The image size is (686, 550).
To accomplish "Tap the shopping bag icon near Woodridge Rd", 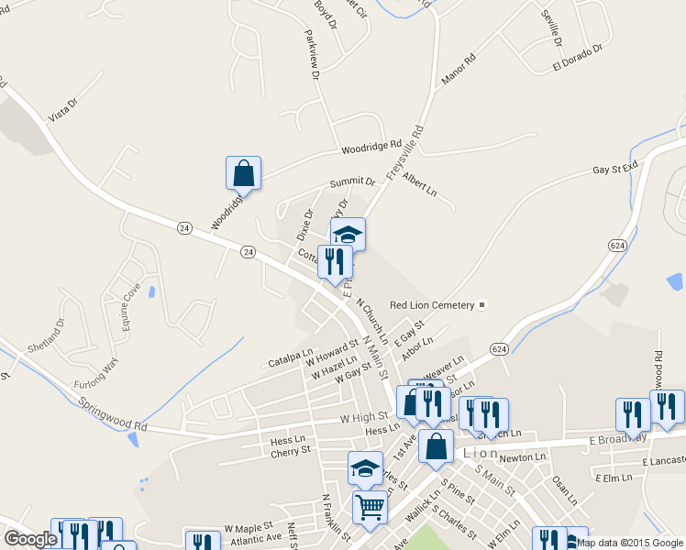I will click(x=243, y=173).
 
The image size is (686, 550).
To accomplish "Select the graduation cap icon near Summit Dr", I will click(x=348, y=235).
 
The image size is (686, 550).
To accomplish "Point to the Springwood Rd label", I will click(x=112, y=415).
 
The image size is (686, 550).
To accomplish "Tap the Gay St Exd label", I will click(x=614, y=170).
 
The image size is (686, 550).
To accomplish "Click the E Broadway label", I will click(x=618, y=439).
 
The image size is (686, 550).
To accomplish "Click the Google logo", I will click(x=30, y=539).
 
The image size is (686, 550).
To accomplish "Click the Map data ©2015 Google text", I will click(x=630, y=543).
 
